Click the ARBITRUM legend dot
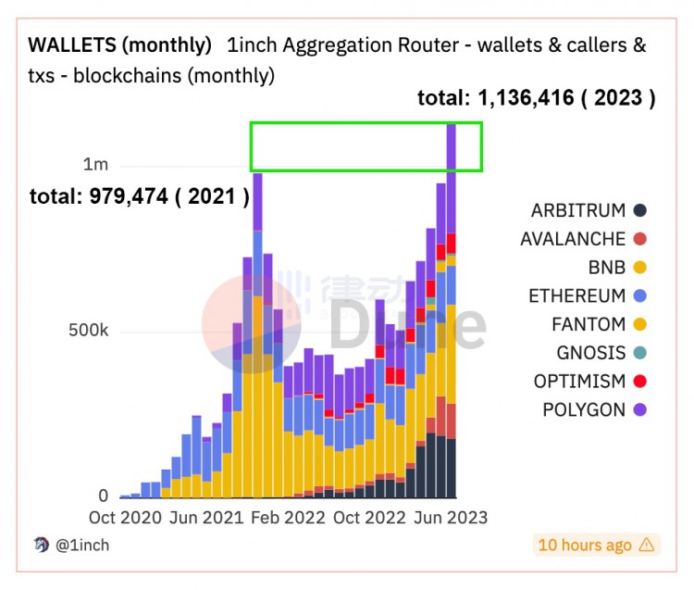coord(641,210)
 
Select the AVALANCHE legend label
coord(573,239)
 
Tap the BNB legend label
coord(607,268)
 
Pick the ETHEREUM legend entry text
coord(577,296)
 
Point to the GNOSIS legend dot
coord(641,353)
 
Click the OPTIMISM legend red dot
coord(641,382)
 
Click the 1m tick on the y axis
coord(96,165)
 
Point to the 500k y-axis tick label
coord(90,331)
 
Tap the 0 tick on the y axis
coord(103,496)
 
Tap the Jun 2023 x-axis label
coord(449,518)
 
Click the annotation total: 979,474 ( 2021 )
coord(139,196)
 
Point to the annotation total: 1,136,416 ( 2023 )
coord(537,99)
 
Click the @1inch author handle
coord(82,546)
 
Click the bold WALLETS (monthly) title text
coord(119,44)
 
